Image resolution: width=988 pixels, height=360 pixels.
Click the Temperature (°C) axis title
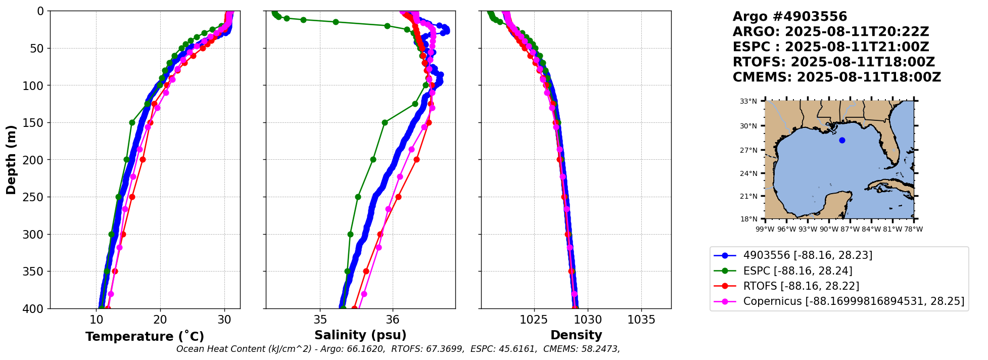coord(145,336)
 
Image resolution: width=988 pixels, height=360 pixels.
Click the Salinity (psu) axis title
coord(360,335)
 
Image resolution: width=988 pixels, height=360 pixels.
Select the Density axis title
coord(576,335)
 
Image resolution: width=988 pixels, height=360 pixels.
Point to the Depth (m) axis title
coord(11,160)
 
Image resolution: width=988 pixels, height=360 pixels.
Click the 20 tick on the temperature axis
coord(160,320)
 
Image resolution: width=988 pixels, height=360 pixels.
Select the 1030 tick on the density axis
coord(588,320)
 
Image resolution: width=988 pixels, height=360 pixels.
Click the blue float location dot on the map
coord(842,141)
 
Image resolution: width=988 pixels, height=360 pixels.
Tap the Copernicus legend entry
coord(839,302)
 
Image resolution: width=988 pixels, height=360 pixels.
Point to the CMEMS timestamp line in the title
coord(837,77)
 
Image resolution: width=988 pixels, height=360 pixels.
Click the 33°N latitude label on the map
coord(748,101)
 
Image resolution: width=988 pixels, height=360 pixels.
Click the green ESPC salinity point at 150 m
coord(385,122)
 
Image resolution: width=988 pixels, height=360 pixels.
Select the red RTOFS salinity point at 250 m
coord(398,197)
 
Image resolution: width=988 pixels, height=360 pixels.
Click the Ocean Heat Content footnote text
coord(398,349)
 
